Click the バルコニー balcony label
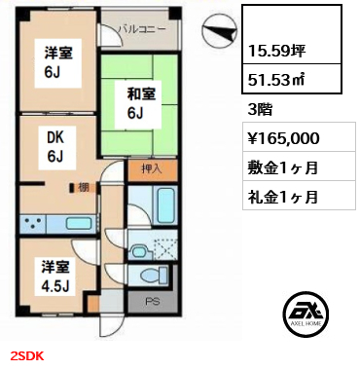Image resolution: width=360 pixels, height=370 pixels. click(x=142, y=29)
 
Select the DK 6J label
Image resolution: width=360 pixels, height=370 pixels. click(x=55, y=147)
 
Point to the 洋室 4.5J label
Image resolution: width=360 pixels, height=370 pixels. click(x=55, y=277)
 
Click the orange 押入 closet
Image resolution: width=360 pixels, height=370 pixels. click(x=153, y=170)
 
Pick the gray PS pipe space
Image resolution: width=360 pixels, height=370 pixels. click(x=153, y=303)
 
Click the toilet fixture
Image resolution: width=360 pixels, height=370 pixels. click(x=155, y=276)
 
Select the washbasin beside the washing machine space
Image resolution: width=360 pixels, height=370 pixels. click(x=140, y=251)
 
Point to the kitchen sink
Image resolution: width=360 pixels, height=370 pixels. click(x=80, y=224)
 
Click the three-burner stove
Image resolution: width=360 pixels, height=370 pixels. click(x=33, y=224)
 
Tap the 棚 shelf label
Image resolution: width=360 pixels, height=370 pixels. click(x=83, y=187)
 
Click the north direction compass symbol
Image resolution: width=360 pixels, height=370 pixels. click(x=218, y=31)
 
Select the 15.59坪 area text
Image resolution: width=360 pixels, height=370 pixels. click(x=276, y=51)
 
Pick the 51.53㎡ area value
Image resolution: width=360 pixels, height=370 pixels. click(x=276, y=80)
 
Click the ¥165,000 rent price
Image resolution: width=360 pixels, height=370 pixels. click(x=283, y=138)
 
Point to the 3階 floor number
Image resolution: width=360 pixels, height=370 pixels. click(x=260, y=109)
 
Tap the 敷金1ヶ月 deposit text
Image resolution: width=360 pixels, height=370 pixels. click(x=282, y=167)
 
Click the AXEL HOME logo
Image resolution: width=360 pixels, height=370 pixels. click(x=306, y=314)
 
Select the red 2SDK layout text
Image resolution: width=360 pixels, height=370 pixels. click(x=27, y=356)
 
